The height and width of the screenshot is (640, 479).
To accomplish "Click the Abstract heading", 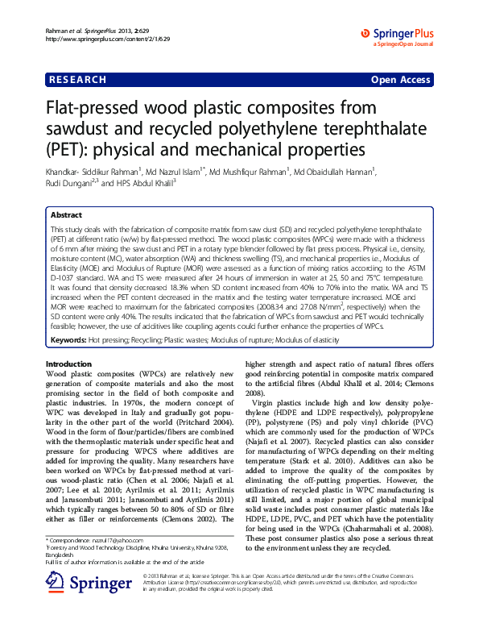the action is tap(66, 216).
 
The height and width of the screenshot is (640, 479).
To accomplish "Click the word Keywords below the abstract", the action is tap(68, 340).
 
